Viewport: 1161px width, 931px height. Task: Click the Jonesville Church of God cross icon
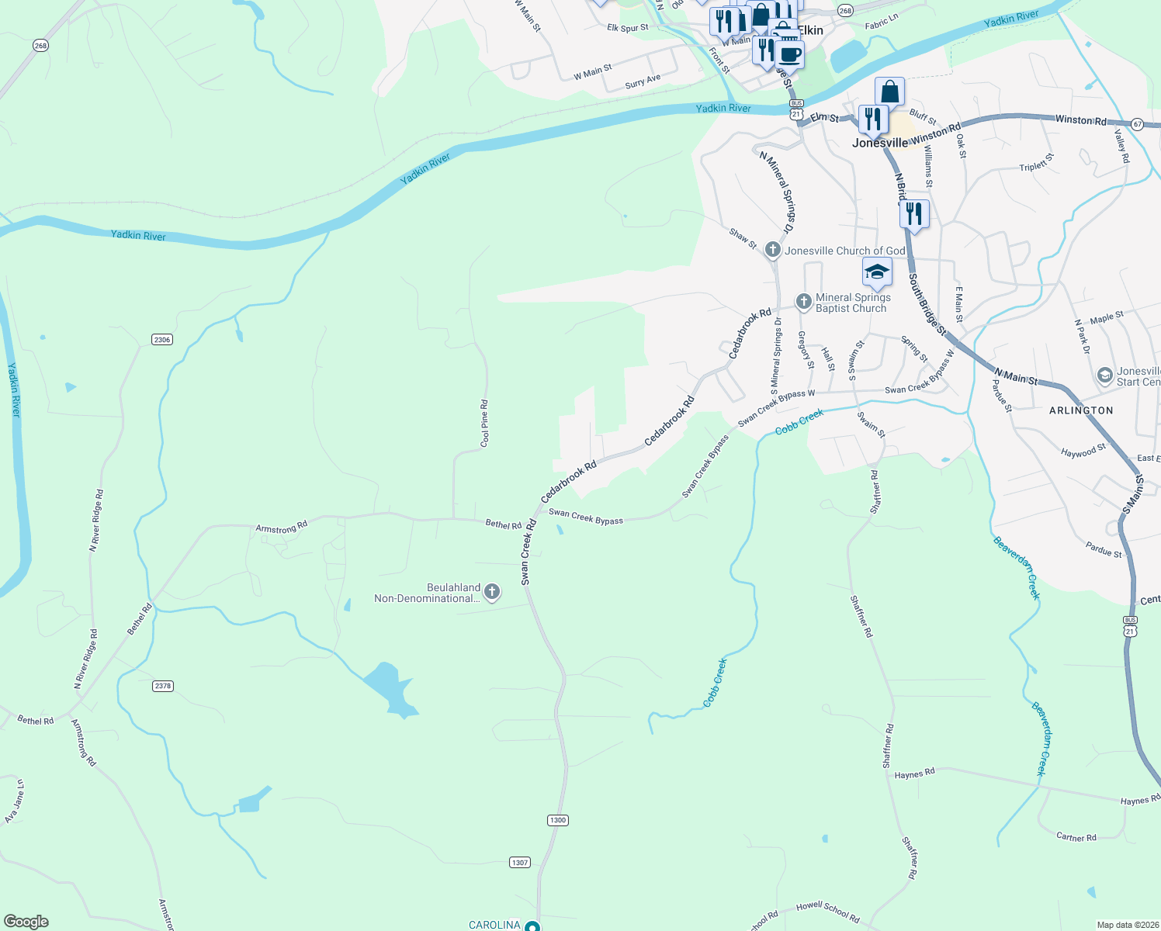point(772,250)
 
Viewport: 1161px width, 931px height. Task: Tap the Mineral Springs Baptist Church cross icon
point(803,301)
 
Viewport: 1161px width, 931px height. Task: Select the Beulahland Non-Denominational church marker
point(491,593)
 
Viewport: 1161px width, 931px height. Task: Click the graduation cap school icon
point(877,272)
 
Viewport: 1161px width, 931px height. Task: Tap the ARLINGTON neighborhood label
point(1081,410)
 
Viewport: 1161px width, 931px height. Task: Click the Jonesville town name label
point(879,143)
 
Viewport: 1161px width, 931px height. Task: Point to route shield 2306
point(162,340)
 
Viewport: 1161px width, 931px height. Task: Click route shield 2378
point(163,686)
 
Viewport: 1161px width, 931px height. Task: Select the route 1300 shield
point(557,820)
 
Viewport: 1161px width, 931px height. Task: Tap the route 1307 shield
point(520,862)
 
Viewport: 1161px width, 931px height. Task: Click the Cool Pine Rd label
point(485,424)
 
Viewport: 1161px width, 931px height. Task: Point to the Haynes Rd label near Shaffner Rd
point(914,774)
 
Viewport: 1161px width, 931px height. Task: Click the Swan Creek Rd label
point(529,552)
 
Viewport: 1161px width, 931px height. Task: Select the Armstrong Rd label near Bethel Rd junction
point(282,528)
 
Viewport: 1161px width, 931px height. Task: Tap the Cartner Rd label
point(1076,837)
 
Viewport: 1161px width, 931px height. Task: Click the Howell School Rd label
point(827,912)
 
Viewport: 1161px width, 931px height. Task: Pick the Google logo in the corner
point(26,922)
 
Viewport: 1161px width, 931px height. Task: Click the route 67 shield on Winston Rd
point(1137,124)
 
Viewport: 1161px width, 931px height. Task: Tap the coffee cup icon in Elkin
point(790,54)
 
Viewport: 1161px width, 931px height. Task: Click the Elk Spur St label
point(627,28)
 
